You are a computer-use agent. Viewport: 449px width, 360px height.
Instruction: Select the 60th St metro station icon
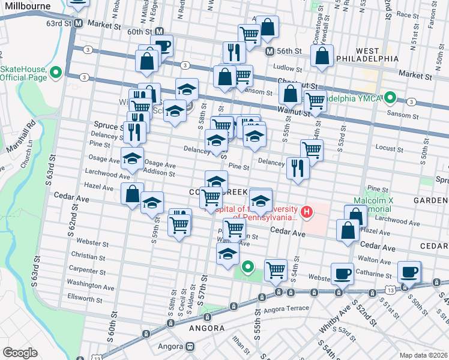coord(160,31)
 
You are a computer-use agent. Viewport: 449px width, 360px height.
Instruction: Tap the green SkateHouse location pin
coord(56,73)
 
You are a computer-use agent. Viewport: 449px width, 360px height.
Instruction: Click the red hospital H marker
coord(307,211)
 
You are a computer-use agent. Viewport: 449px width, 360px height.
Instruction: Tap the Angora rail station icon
coord(190,346)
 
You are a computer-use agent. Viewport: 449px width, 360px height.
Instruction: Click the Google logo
coord(20,352)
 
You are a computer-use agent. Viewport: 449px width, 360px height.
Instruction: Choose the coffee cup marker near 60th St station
coord(161,46)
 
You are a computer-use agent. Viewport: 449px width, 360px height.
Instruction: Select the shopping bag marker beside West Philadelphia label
coord(322,56)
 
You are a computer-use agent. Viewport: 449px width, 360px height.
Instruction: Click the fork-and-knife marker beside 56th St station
coord(233,52)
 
